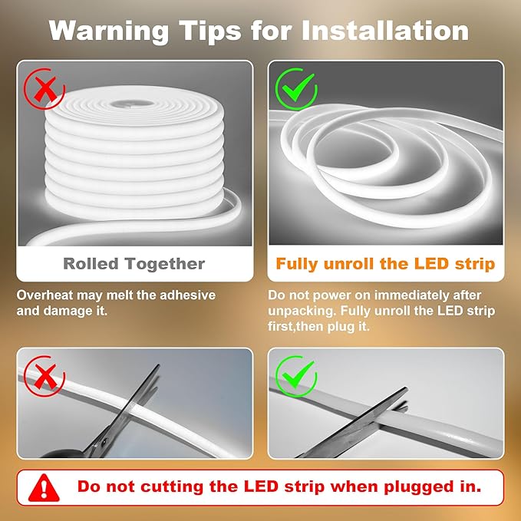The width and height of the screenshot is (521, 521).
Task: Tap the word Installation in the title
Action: click(x=384, y=30)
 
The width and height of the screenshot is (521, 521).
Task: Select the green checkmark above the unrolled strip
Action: click(x=295, y=89)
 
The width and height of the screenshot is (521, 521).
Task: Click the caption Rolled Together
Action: click(x=134, y=264)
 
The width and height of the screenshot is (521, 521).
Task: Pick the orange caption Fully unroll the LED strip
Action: click(x=385, y=264)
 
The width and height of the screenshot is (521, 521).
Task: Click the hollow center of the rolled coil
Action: click(x=135, y=102)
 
